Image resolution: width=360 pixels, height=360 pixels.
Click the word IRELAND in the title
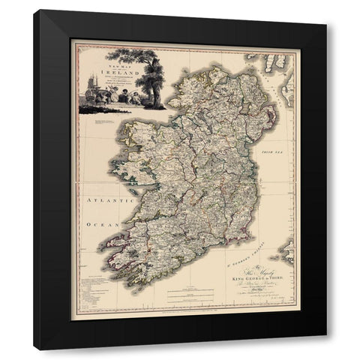pos(103,64)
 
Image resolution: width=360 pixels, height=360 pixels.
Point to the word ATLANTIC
pos(103,200)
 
